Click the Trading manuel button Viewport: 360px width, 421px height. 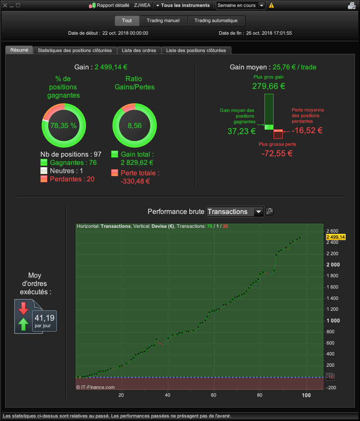point(163,21)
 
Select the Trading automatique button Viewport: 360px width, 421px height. point(216,21)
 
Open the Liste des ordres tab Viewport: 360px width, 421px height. point(139,50)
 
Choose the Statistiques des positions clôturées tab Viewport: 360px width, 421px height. point(75,50)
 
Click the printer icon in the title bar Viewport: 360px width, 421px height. point(352,5)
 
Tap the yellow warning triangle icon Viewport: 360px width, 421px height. point(271,5)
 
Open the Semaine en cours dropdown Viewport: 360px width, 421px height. point(241,5)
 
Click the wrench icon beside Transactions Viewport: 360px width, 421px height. point(270,211)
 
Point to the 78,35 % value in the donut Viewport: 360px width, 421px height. point(63,126)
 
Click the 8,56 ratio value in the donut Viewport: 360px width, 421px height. point(135,126)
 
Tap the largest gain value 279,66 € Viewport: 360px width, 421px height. point(269,86)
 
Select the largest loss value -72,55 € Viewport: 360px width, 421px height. point(277,153)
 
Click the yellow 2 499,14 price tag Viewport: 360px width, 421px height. point(336,237)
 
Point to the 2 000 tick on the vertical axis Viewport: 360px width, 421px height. point(333,265)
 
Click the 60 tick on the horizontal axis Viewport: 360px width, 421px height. point(214,395)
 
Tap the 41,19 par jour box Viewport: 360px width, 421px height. point(44,321)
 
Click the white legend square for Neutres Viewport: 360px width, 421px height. point(44,171)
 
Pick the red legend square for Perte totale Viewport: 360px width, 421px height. point(115,173)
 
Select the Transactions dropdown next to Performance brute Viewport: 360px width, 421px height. point(235,211)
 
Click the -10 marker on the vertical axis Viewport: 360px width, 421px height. point(330,377)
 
